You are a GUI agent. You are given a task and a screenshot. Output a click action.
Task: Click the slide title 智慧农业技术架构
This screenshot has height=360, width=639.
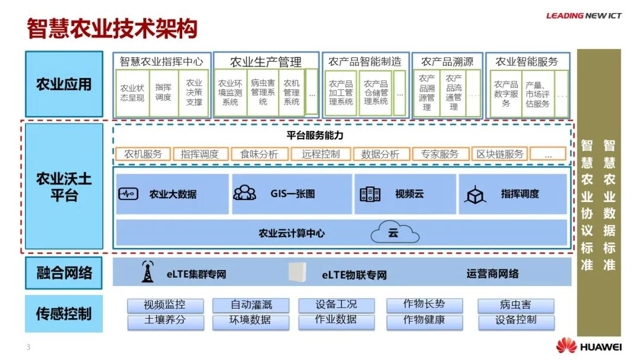pos(112,28)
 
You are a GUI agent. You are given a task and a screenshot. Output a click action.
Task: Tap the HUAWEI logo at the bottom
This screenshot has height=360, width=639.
pos(589,346)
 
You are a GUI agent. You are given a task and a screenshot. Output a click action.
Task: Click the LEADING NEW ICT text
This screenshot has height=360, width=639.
pos(583,16)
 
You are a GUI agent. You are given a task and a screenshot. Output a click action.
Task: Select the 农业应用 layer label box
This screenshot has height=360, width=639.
pos(64,84)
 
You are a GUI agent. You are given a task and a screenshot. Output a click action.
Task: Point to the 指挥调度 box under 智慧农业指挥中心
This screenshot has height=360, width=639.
pos(163,92)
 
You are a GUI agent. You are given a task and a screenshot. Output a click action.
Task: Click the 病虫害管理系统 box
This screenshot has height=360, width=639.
pos(263,93)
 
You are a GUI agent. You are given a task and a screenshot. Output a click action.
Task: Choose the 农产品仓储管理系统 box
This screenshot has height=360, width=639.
pos(376,93)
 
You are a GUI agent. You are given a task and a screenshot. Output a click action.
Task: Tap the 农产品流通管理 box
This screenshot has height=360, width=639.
pos(454,93)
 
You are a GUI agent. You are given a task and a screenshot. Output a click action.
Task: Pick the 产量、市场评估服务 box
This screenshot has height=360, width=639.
pos(537,94)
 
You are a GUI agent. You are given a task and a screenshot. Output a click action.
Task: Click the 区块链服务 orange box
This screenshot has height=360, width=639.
pos(500,154)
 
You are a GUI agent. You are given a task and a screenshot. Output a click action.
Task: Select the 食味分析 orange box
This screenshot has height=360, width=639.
pos(259,154)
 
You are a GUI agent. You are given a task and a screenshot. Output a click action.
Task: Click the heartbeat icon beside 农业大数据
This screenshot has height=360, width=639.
pos(128,194)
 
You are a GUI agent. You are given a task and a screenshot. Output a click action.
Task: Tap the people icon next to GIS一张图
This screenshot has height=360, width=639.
pos(244,193)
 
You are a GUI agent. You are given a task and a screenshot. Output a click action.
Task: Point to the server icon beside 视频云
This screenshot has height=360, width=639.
pos(370,194)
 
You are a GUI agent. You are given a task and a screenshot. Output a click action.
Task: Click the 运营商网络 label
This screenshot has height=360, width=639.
pos(492,274)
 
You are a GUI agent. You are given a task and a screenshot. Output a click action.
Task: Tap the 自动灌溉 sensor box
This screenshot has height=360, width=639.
pos(251,306)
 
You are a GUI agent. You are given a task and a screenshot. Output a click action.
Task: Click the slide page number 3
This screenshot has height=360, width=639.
pos(28,347)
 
